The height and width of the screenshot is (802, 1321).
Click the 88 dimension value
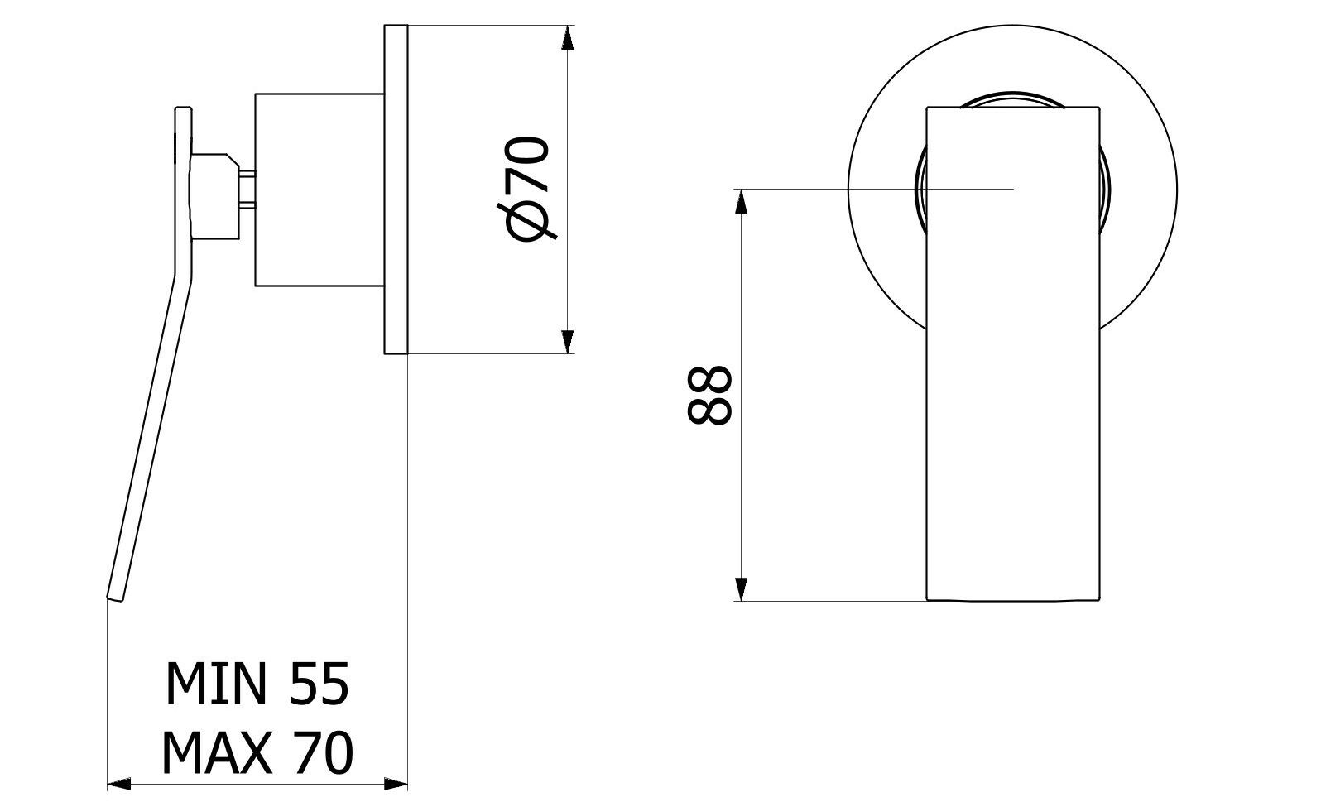pyautogui.click(x=710, y=396)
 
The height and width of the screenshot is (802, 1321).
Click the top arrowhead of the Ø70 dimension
pyautogui.click(x=567, y=38)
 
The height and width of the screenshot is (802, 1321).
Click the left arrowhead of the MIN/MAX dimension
pyautogui.click(x=120, y=783)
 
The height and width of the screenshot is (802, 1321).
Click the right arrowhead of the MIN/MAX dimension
pyautogui.click(x=396, y=783)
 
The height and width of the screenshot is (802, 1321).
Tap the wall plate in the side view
pyautogui.click(x=396, y=190)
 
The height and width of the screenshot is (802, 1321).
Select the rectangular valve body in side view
pyautogui.click(x=319, y=190)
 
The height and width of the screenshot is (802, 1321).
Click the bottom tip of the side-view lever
pyautogui.click(x=115, y=595)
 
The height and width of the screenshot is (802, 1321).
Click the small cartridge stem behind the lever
pyautogui.click(x=249, y=190)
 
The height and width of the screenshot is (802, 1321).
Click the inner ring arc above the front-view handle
pyautogui.click(x=1012, y=96)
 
